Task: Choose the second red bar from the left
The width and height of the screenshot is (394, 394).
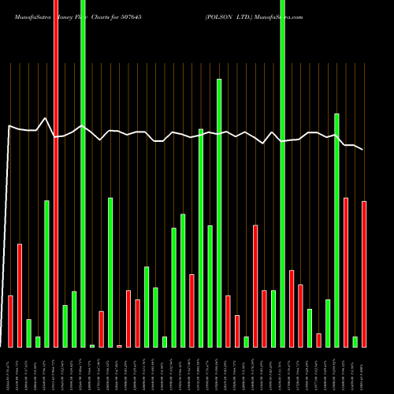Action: (20, 295)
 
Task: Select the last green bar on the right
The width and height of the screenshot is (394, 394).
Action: (355, 341)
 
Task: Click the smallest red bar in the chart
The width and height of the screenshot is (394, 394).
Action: (119, 346)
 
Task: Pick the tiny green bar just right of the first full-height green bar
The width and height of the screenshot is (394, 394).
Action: (92, 345)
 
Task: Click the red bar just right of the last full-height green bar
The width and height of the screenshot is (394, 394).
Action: (292, 308)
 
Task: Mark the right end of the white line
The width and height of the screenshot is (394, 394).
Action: (363, 149)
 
